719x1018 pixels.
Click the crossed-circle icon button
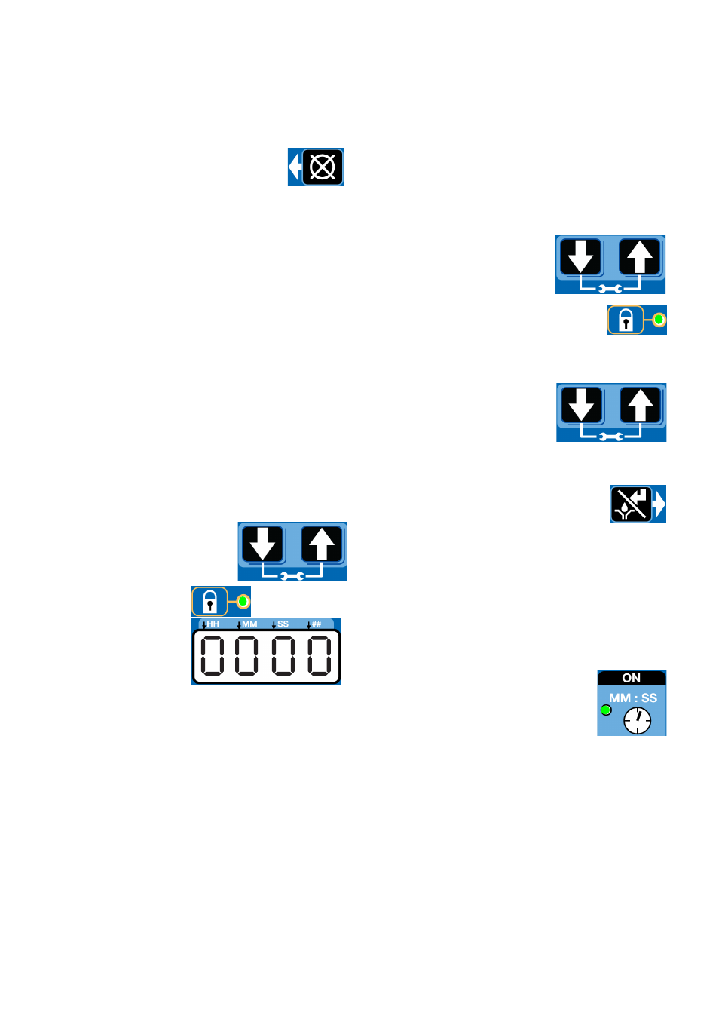coord(323,167)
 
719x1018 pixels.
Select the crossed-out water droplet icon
coord(631,504)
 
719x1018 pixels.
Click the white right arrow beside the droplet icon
coord(659,504)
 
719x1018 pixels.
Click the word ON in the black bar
coord(631,678)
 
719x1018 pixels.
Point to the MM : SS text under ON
coord(632,698)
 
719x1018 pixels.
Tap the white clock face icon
coord(637,720)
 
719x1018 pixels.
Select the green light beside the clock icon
coord(605,710)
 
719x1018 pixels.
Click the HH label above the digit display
coord(213,624)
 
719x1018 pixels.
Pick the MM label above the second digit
coord(249,624)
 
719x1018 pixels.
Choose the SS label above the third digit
coord(283,624)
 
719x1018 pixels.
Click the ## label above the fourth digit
coord(317,624)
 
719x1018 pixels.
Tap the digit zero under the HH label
coord(212,656)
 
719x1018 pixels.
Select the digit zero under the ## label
coord(320,656)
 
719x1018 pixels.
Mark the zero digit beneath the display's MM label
coord(246,656)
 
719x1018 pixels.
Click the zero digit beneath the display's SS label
coord(283,656)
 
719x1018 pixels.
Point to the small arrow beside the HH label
coord(204,625)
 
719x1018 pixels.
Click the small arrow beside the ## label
coord(308,625)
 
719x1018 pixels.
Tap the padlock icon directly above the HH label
coord(210,601)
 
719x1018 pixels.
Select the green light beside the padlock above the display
coord(243,602)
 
